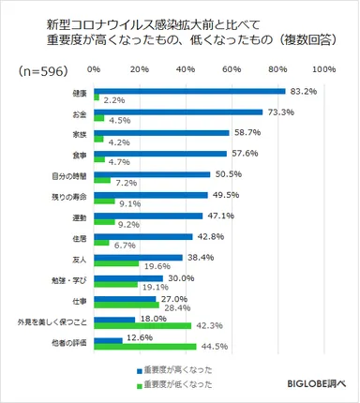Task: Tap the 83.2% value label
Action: point(306,91)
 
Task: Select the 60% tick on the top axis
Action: point(232,70)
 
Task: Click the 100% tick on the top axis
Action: point(323,70)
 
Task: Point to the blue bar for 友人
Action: point(138,257)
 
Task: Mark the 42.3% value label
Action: point(211,326)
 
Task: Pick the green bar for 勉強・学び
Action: point(115,285)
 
